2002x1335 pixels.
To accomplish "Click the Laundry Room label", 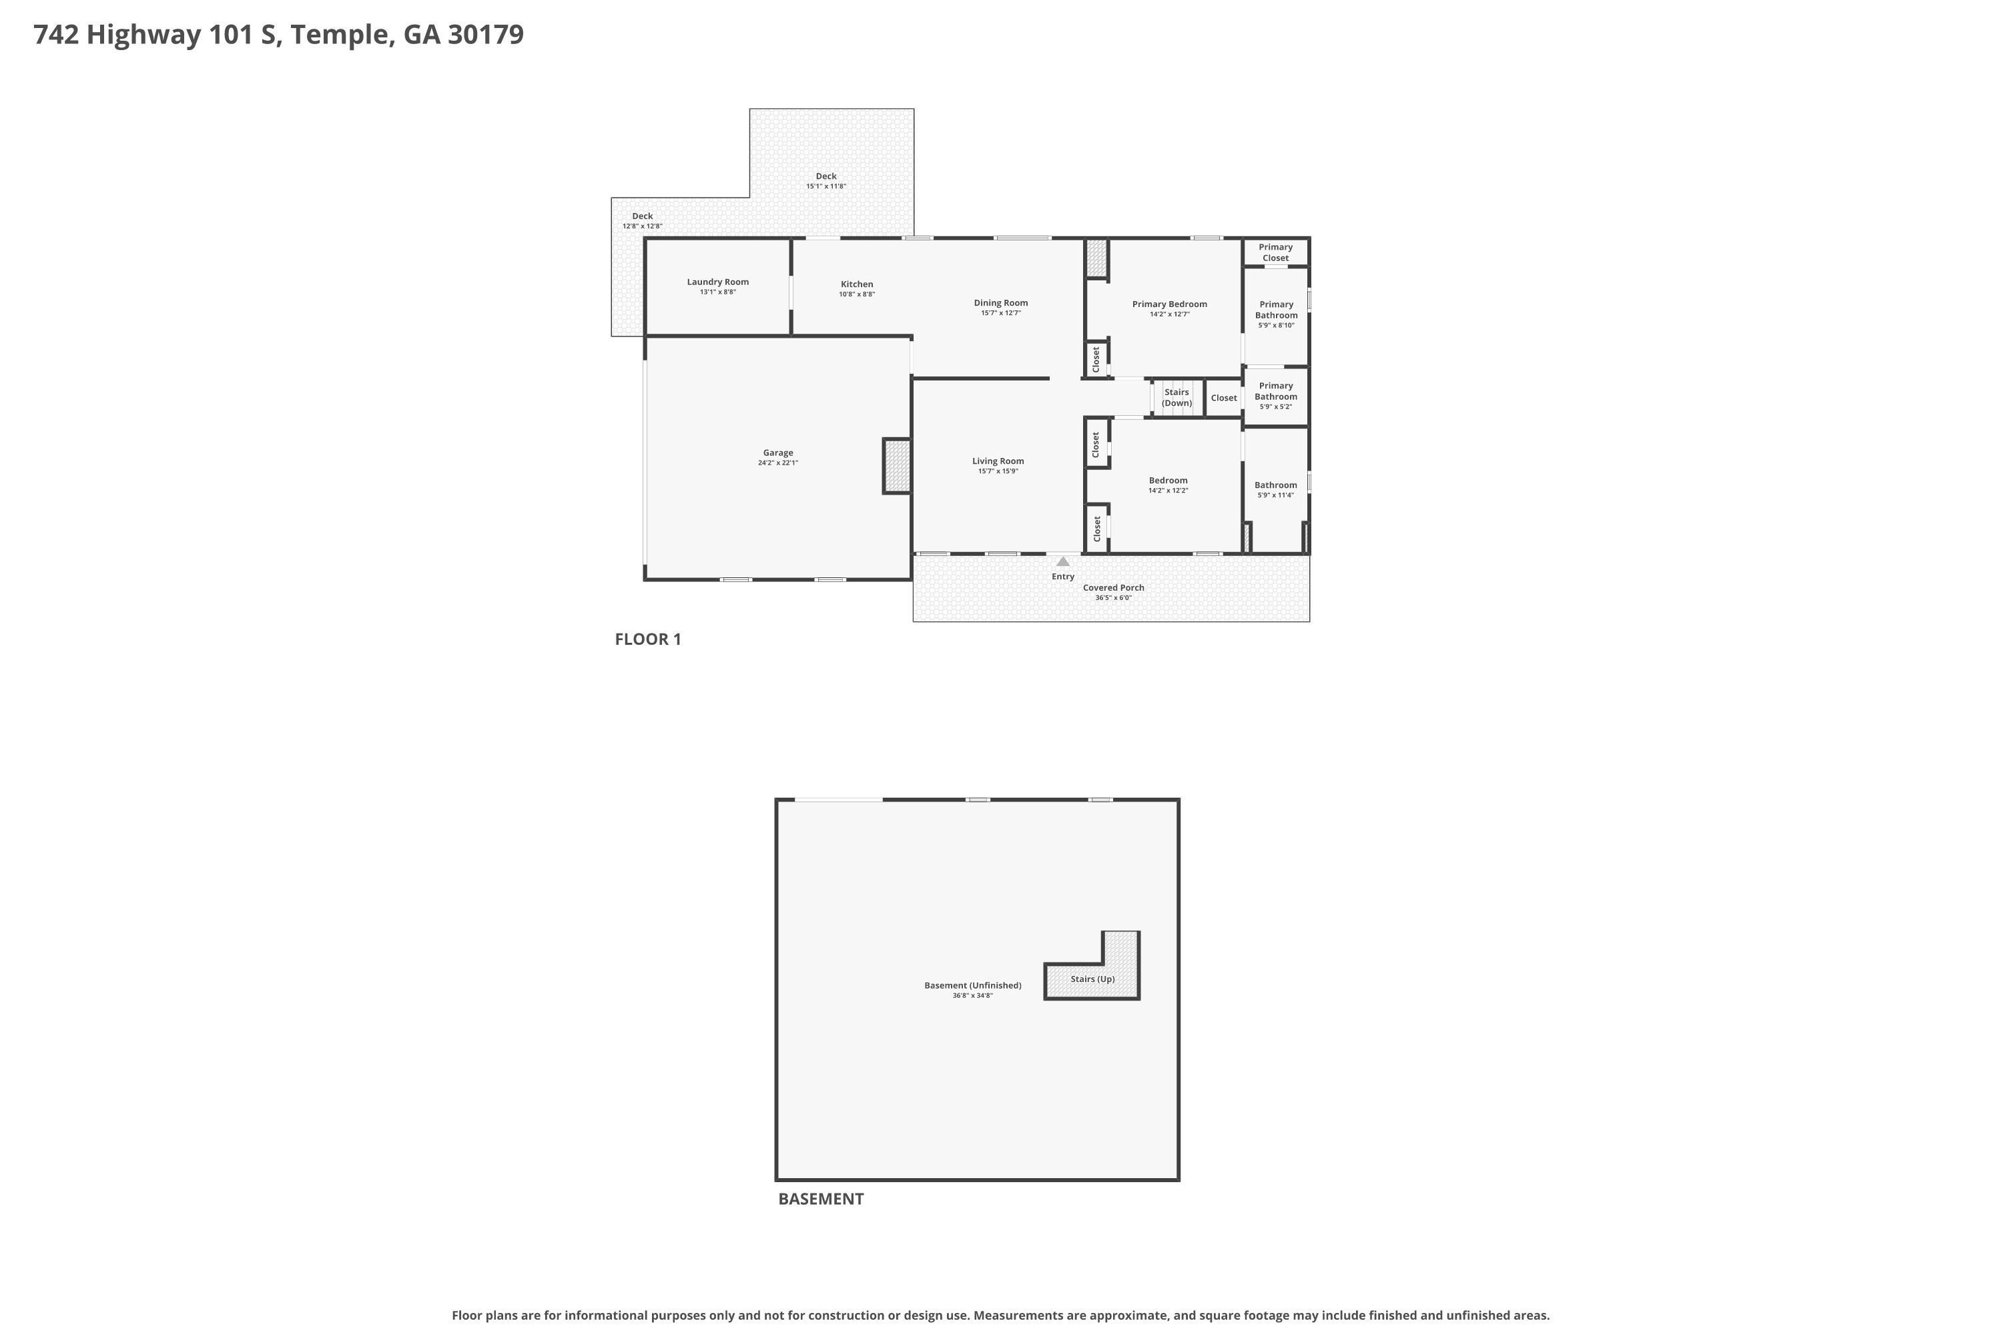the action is click(717, 282).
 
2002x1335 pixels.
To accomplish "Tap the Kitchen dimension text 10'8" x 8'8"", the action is click(856, 294).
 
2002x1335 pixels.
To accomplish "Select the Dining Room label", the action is click(1001, 302).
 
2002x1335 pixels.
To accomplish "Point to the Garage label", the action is click(778, 453).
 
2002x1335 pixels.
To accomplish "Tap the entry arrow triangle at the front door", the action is click(1062, 561).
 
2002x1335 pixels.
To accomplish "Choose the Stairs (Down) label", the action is click(1177, 398).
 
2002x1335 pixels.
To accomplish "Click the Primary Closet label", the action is click(1275, 252).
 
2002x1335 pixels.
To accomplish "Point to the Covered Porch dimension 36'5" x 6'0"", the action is click(1113, 597).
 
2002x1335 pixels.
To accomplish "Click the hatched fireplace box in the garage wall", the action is click(897, 466).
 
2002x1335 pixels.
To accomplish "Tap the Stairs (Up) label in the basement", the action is click(1092, 979).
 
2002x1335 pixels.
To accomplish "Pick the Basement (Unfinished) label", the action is click(973, 985).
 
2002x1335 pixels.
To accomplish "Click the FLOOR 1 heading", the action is click(648, 639).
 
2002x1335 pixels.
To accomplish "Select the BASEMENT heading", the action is click(821, 1199).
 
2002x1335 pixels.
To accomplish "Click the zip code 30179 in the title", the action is click(485, 35).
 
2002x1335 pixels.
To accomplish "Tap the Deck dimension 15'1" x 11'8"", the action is click(825, 186).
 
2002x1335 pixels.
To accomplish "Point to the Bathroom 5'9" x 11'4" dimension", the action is click(1275, 495).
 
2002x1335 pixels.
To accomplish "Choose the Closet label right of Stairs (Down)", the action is click(1223, 398).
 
